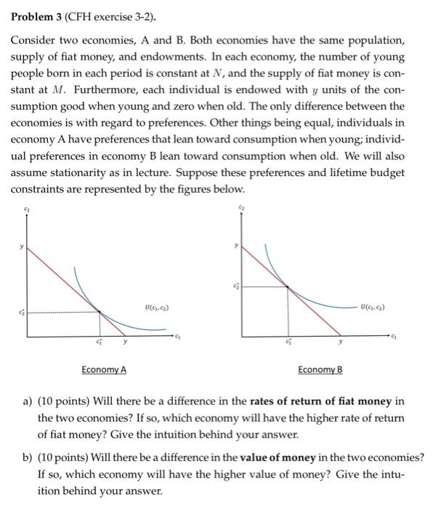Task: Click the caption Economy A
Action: click(x=104, y=369)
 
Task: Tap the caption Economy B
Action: click(x=320, y=369)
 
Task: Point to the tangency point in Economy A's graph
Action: click(x=100, y=313)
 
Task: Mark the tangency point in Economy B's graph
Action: click(x=288, y=286)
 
